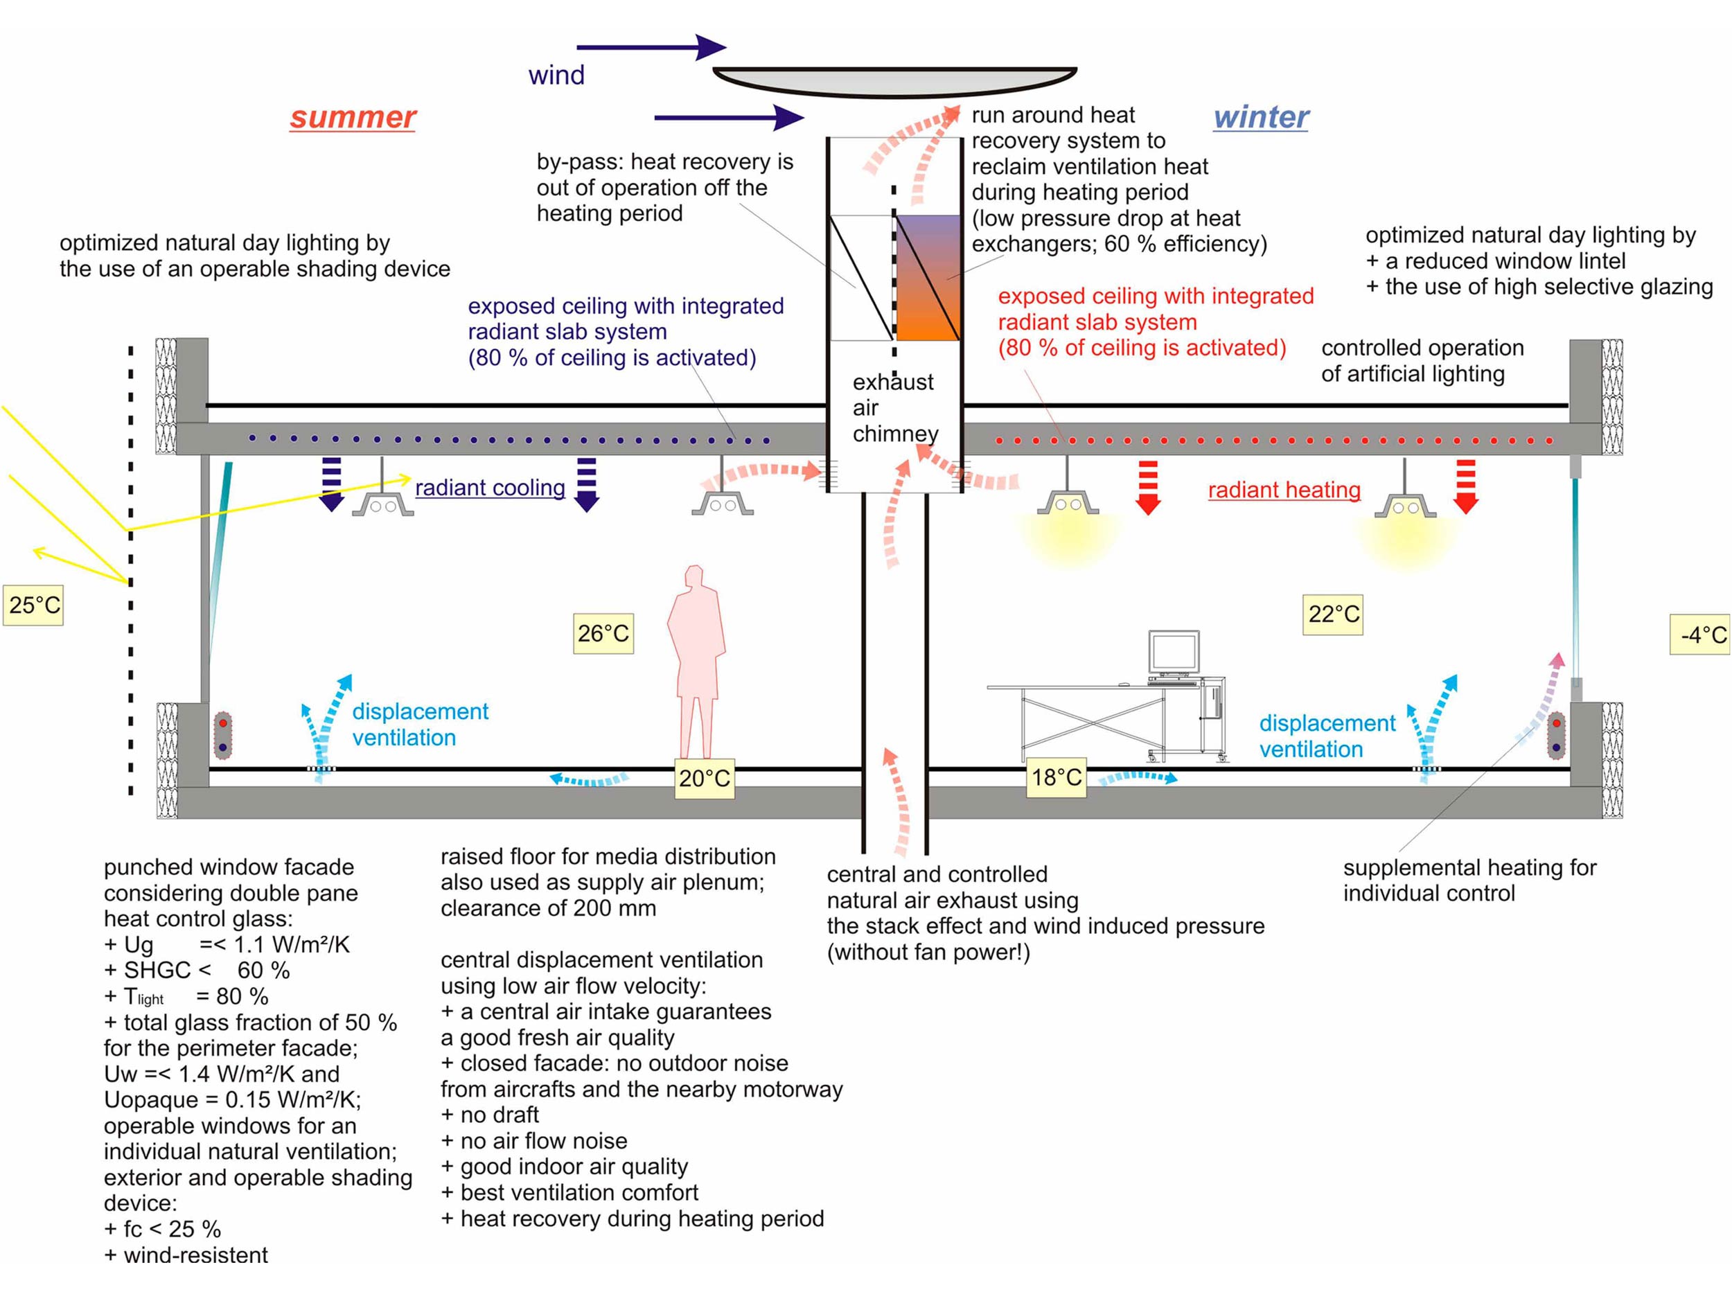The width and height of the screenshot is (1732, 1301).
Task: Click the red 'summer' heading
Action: [x=353, y=117]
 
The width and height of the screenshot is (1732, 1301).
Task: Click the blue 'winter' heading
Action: [x=1261, y=117]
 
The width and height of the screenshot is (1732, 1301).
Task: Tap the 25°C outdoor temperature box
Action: [x=34, y=605]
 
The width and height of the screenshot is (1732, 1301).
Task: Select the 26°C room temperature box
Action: [x=603, y=633]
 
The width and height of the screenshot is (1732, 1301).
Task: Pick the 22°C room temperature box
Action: [x=1334, y=614]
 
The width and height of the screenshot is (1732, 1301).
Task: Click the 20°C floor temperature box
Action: [x=705, y=778]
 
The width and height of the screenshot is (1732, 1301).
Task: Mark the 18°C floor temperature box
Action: [x=1057, y=777]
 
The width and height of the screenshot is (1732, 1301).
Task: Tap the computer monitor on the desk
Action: [x=1174, y=652]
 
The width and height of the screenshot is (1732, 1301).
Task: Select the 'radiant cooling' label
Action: [x=491, y=488]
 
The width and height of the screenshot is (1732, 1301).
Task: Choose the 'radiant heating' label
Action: [x=1284, y=490]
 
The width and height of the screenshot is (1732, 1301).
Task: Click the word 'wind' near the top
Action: [x=556, y=75]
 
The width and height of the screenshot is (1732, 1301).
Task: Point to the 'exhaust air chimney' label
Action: [x=894, y=408]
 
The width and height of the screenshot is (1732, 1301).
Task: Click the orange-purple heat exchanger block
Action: [x=928, y=278]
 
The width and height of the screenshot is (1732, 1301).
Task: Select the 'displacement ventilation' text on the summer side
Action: [x=420, y=724]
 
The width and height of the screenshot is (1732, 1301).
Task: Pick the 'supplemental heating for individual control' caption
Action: [x=1469, y=880]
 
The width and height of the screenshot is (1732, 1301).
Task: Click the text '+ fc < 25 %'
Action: [x=163, y=1229]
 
